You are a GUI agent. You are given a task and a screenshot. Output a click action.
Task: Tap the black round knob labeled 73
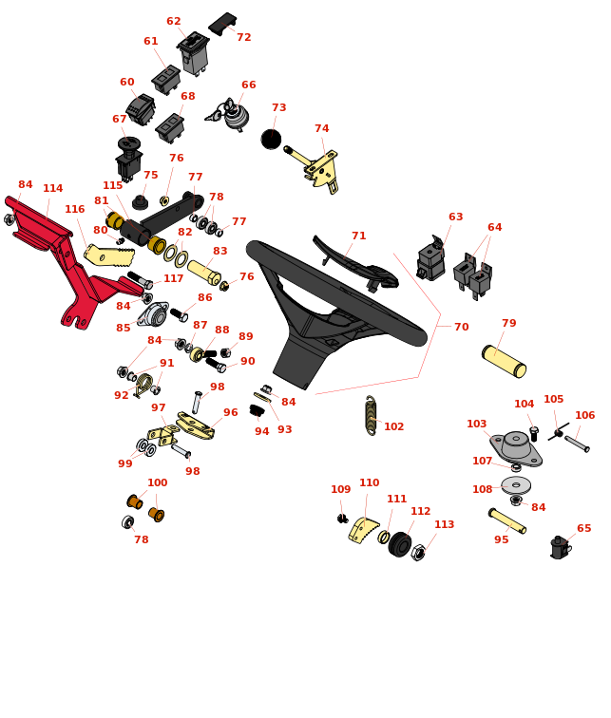tap(271, 140)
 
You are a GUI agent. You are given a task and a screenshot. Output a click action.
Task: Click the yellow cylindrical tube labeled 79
tap(504, 362)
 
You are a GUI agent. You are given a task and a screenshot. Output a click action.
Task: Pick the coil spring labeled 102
tap(371, 415)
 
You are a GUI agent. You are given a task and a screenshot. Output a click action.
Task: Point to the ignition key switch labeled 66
tap(229, 115)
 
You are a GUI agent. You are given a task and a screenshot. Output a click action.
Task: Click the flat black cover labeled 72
tap(222, 24)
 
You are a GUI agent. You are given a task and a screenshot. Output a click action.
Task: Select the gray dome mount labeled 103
tap(516, 447)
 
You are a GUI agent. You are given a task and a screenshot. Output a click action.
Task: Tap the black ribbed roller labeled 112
tap(400, 544)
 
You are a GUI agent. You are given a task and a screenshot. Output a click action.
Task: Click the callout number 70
tap(461, 327)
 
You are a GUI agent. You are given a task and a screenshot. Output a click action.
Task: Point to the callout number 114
tap(52, 188)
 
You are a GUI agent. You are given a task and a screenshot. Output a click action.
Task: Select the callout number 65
tap(584, 528)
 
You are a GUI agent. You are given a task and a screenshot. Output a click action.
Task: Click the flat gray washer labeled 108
tap(516, 485)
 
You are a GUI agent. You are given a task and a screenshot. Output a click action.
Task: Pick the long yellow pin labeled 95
tap(507, 521)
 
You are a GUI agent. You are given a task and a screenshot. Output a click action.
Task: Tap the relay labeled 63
tap(431, 257)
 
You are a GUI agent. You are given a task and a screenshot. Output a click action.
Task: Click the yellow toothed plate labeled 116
tap(109, 255)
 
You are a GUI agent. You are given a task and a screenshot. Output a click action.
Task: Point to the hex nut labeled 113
tap(418, 553)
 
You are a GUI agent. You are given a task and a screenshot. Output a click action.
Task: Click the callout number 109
tap(341, 489)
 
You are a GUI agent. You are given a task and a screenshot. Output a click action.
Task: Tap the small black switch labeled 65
tap(560, 548)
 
